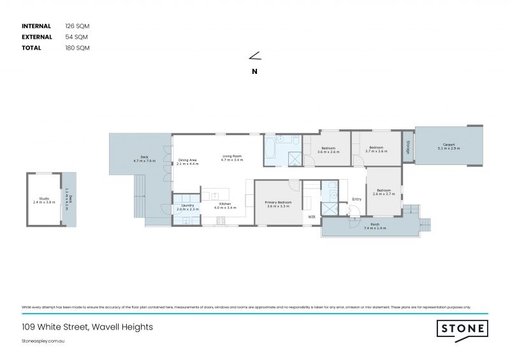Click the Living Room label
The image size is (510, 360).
point(232,156)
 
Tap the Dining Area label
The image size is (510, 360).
point(188,160)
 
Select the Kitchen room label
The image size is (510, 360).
point(225,204)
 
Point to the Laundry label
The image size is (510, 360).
point(187,205)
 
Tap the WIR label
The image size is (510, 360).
point(312,217)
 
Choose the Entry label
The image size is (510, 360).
point(356,199)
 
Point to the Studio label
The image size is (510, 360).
point(44,198)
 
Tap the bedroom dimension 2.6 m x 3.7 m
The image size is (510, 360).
point(383,194)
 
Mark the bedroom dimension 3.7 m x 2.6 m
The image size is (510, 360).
point(376,152)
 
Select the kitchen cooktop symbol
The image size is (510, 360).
point(221,221)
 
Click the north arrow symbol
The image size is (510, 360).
point(255,57)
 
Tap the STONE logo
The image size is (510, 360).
point(462,329)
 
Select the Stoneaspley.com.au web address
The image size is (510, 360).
point(43,342)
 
